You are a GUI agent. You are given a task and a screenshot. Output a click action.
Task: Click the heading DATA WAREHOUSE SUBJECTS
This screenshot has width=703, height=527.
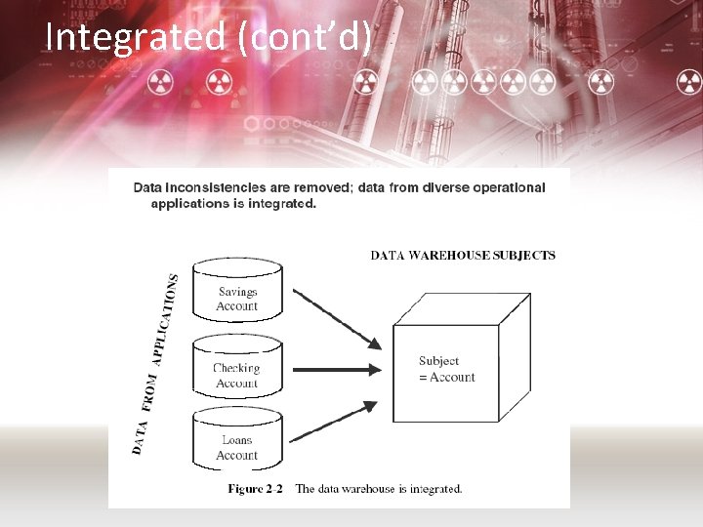pos(463,256)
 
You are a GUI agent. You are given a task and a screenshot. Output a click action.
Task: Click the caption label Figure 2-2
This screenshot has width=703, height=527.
pos(256,489)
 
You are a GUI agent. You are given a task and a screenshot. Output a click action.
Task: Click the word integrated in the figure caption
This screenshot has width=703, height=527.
pos(432,489)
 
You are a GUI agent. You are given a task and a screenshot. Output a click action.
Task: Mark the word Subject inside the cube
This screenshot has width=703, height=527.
pos(438,361)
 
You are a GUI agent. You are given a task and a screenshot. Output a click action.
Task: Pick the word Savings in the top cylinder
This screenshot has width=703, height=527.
pos(237,292)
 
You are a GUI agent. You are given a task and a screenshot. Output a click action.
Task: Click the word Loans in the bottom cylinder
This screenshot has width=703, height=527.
pos(237,440)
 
